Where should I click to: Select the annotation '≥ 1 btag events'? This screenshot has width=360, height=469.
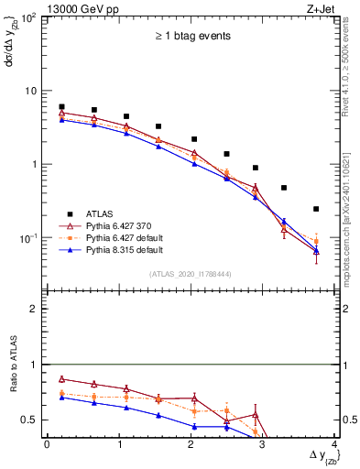(x=191, y=37)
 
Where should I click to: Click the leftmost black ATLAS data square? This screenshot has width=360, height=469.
(x=61, y=107)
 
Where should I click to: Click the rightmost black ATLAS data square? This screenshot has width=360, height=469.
(x=316, y=209)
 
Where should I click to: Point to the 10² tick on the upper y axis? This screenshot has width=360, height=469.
(x=29, y=18)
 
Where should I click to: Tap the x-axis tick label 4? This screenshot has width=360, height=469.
(x=335, y=444)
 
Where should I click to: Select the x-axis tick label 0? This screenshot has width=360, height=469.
(x=47, y=444)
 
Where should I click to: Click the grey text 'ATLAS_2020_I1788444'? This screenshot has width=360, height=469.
(x=191, y=274)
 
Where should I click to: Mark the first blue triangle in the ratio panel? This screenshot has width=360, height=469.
(x=61, y=398)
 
